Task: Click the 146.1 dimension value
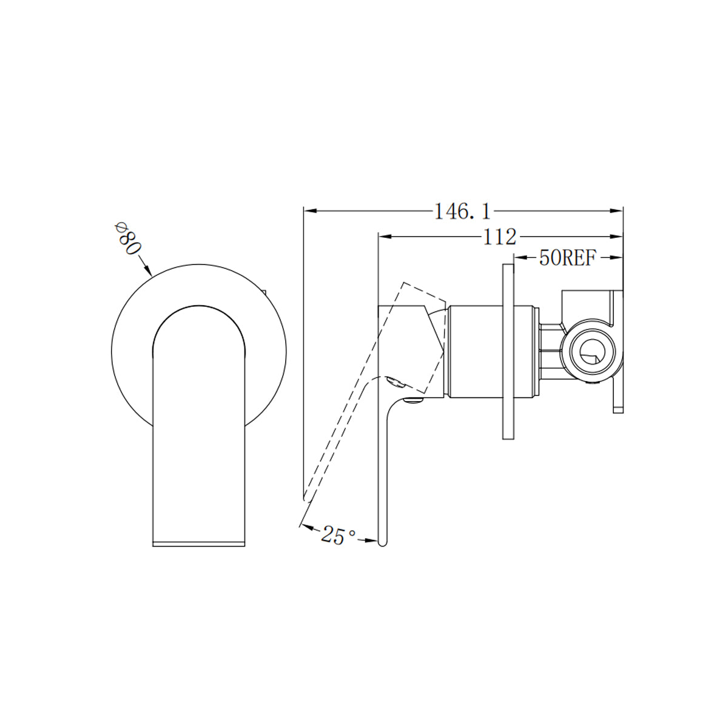[x=462, y=211]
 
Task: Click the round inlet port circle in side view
[x=589, y=352]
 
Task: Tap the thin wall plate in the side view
[x=508, y=352]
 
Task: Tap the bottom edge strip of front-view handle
[x=198, y=542]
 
